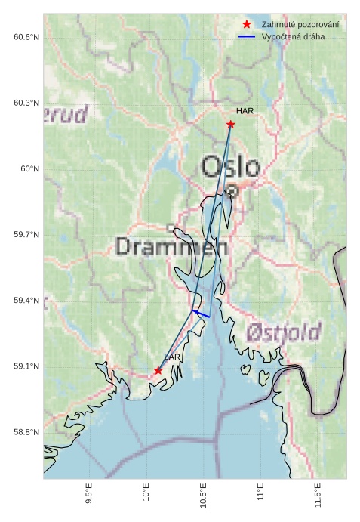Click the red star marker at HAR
click(230, 124)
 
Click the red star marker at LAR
click(158, 370)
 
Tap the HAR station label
click(245, 110)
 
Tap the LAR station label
click(172, 357)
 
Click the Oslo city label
click(231, 166)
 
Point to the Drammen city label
click(172, 246)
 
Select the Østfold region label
click(284, 331)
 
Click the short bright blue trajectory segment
click(201, 313)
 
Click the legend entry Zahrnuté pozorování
click(300, 25)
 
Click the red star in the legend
click(247, 25)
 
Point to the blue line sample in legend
click(247, 36)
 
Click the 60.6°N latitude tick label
click(26, 37)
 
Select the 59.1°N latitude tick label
click(26, 366)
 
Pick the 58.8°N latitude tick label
click(26, 432)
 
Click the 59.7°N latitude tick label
click(26, 235)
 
